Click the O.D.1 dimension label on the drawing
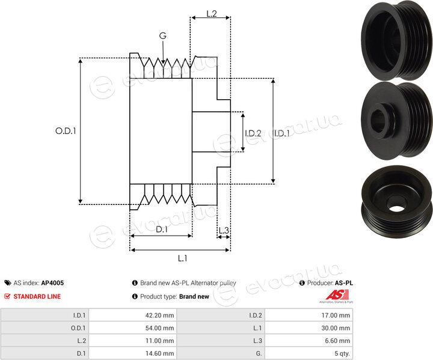(66, 131)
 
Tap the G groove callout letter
(162, 35)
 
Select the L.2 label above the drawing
(212, 14)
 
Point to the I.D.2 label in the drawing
(253, 133)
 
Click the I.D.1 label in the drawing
(282, 133)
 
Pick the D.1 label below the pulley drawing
(162, 229)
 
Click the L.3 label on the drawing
(224, 230)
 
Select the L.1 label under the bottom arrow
(182, 258)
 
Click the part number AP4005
(52, 282)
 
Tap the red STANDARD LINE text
(37, 296)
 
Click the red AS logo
(337, 294)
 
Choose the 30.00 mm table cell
(309, 328)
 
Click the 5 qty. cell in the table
(309, 353)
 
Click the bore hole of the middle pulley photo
(378, 120)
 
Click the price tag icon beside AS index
(8, 282)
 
